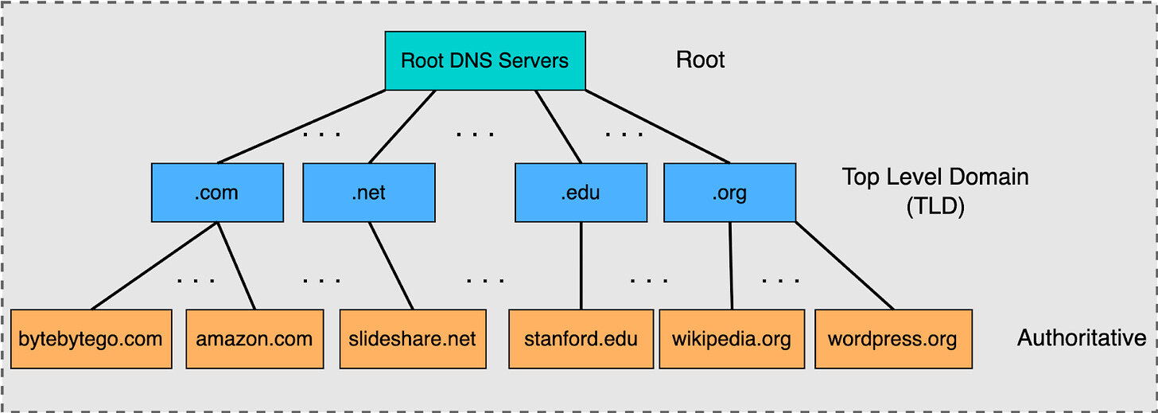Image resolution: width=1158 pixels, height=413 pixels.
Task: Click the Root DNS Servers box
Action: (x=485, y=60)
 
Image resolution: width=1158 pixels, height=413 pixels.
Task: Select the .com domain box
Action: (x=217, y=193)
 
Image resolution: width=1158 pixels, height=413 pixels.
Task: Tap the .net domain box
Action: (x=369, y=193)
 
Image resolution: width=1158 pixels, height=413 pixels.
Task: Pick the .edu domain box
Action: (x=581, y=193)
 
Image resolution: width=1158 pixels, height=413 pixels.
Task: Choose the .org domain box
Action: (x=729, y=193)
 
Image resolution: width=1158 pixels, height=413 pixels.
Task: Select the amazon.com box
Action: (x=255, y=339)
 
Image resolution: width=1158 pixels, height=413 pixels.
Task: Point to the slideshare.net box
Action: (x=412, y=339)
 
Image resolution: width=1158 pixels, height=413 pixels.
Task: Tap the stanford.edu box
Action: (x=581, y=339)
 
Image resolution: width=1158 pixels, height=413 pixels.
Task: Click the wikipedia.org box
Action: (x=732, y=339)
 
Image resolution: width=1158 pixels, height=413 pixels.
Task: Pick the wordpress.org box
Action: (x=893, y=339)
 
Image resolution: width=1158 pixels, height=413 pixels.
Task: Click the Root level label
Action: (x=700, y=60)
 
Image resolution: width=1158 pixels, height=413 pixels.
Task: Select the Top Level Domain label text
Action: (x=935, y=177)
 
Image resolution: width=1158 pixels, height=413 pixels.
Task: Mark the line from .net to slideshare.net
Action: (x=391, y=266)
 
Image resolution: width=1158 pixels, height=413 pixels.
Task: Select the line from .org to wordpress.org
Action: (x=845, y=266)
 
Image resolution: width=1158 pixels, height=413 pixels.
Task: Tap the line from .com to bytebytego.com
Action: (x=154, y=266)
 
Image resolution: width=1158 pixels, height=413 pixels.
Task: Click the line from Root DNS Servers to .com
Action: (x=302, y=127)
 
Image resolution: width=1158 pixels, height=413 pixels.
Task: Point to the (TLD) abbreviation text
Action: (x=935, y=207)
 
